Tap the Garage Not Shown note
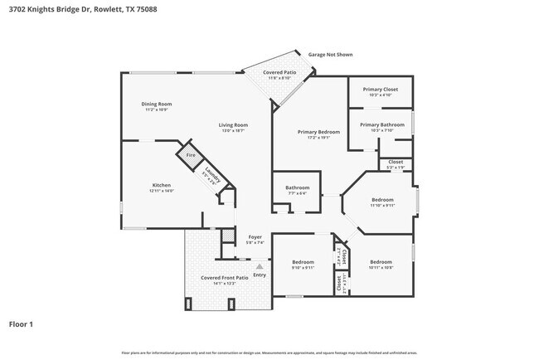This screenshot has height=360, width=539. coord(330,55)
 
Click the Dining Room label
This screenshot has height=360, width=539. coord(157,105)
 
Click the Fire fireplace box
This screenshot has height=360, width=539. coord(190,155)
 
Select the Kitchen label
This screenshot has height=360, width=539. coord(161,187)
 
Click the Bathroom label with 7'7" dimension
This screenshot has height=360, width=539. coord(297,189)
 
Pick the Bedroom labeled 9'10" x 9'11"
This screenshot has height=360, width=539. coord(303,264)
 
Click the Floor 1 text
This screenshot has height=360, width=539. coord(22,324)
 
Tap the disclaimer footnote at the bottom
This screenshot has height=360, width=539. coord(269,353)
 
